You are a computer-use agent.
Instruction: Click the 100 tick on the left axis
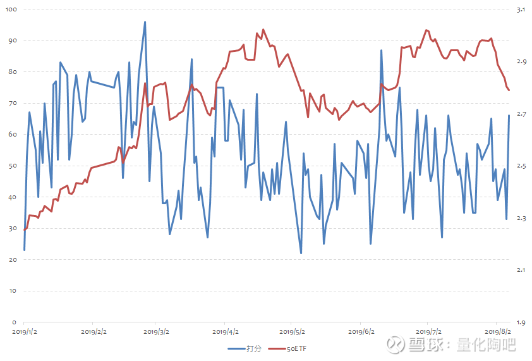coord(11,9)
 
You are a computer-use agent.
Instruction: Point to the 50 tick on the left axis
coord(13,166)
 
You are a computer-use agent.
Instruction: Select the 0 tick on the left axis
coord(15,322)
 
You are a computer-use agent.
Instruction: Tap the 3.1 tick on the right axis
coord(521,10)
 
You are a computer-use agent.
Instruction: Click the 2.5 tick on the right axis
coord(521,166)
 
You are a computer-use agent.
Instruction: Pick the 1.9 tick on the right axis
coord(521,322)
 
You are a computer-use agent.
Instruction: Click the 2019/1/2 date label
coord(25,332)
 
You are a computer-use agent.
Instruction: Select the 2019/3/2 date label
coord(156,332)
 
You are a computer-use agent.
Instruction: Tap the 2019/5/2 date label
coord(292,332)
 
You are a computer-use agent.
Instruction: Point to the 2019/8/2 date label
coord(498,332)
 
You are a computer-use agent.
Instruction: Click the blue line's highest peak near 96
coord(145,22)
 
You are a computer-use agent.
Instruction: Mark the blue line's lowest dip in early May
coord(301,253)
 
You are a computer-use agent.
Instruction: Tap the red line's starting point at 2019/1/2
coord(24,230)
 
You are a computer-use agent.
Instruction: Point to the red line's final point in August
coord(509,90)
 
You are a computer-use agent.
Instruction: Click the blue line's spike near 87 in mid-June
coord(382,51)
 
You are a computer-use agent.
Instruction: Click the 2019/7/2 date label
coord(429,332)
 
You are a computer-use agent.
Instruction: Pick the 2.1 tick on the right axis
coord(521,270)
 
